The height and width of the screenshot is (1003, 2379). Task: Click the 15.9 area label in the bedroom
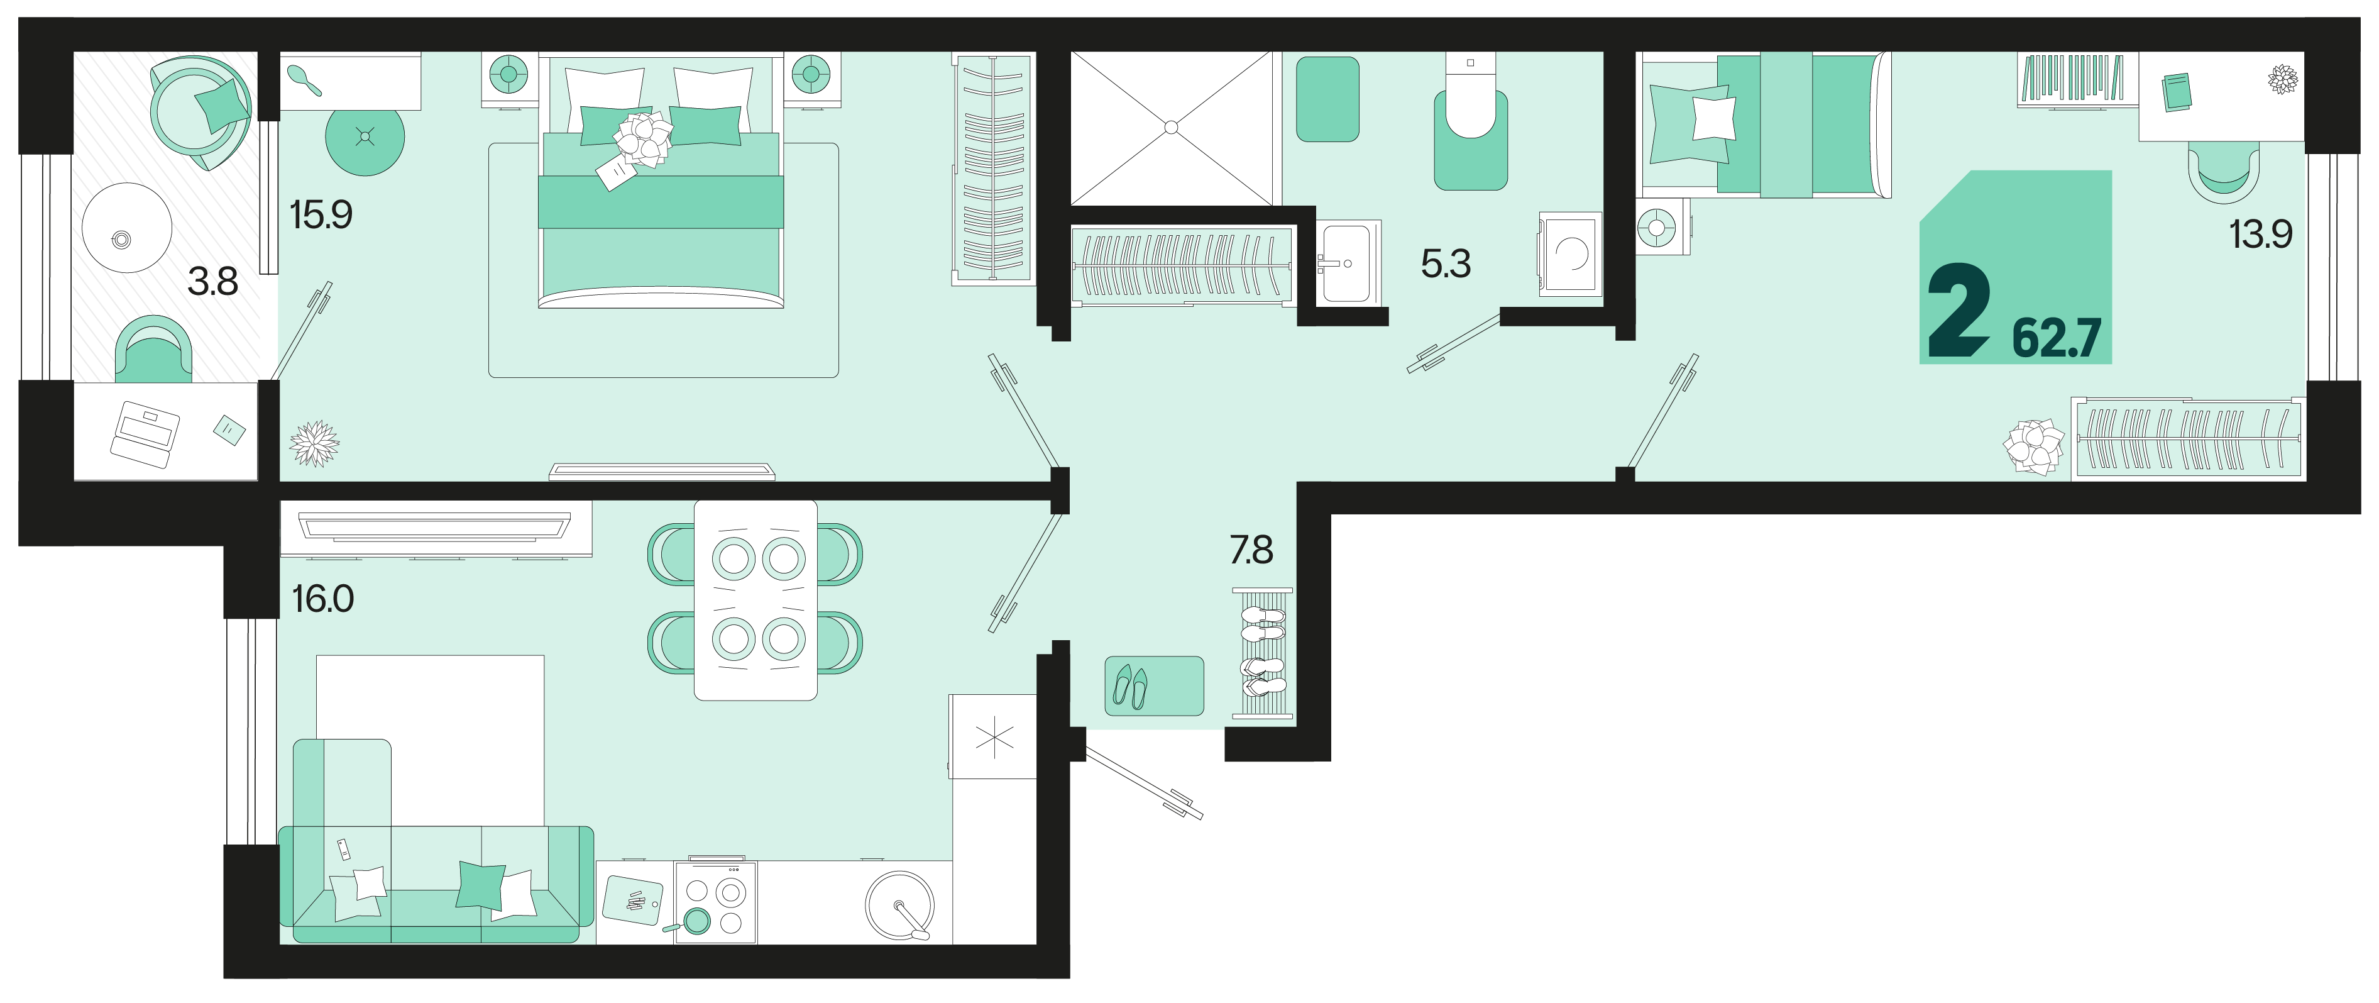321,215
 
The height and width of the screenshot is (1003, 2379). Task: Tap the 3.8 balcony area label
212,280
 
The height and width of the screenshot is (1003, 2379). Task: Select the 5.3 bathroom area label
1446,264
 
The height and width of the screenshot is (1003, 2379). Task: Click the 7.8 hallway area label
1251,550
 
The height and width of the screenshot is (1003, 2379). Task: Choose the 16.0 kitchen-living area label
323,599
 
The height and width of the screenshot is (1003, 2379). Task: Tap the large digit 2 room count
1958,309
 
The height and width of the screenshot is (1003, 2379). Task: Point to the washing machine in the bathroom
1570,254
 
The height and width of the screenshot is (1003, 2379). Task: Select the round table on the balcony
128,227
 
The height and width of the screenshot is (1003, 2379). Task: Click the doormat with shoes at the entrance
1155,685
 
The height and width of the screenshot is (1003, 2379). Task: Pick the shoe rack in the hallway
1263,652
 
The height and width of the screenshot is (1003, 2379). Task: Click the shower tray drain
1171,128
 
